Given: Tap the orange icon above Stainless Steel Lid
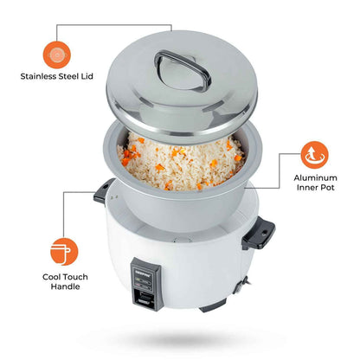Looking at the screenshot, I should (x=57, y=54).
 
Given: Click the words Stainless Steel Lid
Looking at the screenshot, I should (x=57, y=76).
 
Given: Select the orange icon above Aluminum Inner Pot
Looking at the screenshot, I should (x=313, y=155).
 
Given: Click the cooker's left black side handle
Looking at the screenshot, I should (x=101, y=192).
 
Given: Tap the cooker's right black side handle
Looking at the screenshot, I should (x=258, y=231).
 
